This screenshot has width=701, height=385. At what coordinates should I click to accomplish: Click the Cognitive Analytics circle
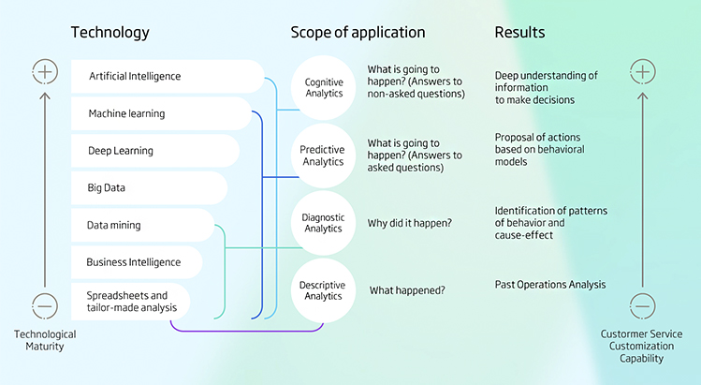[x=324, y=89]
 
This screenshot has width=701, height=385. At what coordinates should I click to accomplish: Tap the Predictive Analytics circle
[x=322, y=155]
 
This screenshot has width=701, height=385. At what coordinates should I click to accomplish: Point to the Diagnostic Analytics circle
[x=323, y=222]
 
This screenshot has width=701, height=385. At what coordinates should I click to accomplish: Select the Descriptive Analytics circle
[x=323, y=290]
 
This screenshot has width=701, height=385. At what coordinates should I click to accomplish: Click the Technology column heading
[x=110, y=33]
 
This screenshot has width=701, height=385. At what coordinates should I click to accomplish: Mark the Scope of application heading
[x=358, y=33]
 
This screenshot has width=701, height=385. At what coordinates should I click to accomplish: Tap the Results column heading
[x=520, y=33]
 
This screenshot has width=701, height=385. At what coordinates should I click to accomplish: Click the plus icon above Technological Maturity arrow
[x=45, y=70]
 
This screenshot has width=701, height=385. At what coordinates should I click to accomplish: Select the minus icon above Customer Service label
[x=642, y=304]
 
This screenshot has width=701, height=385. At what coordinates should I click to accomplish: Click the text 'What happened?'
[x=407, y=290]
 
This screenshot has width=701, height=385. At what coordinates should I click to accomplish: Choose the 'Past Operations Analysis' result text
[x=549, y=284]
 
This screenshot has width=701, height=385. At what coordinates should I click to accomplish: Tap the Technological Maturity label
[x=45, y=341]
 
